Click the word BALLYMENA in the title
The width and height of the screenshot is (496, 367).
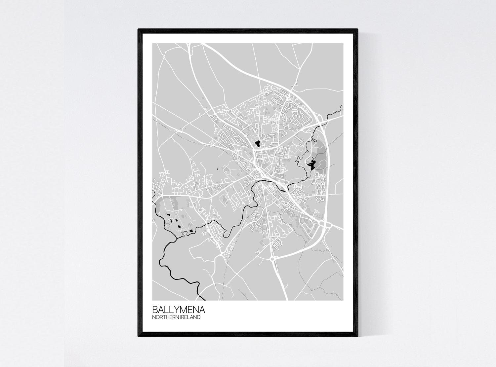pyautogui.click(x=179, y=310)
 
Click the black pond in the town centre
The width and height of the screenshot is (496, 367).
pyautogui.click(x=257, y=143)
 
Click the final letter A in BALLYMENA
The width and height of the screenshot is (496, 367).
pyautogui.click(x=201, y=310)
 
